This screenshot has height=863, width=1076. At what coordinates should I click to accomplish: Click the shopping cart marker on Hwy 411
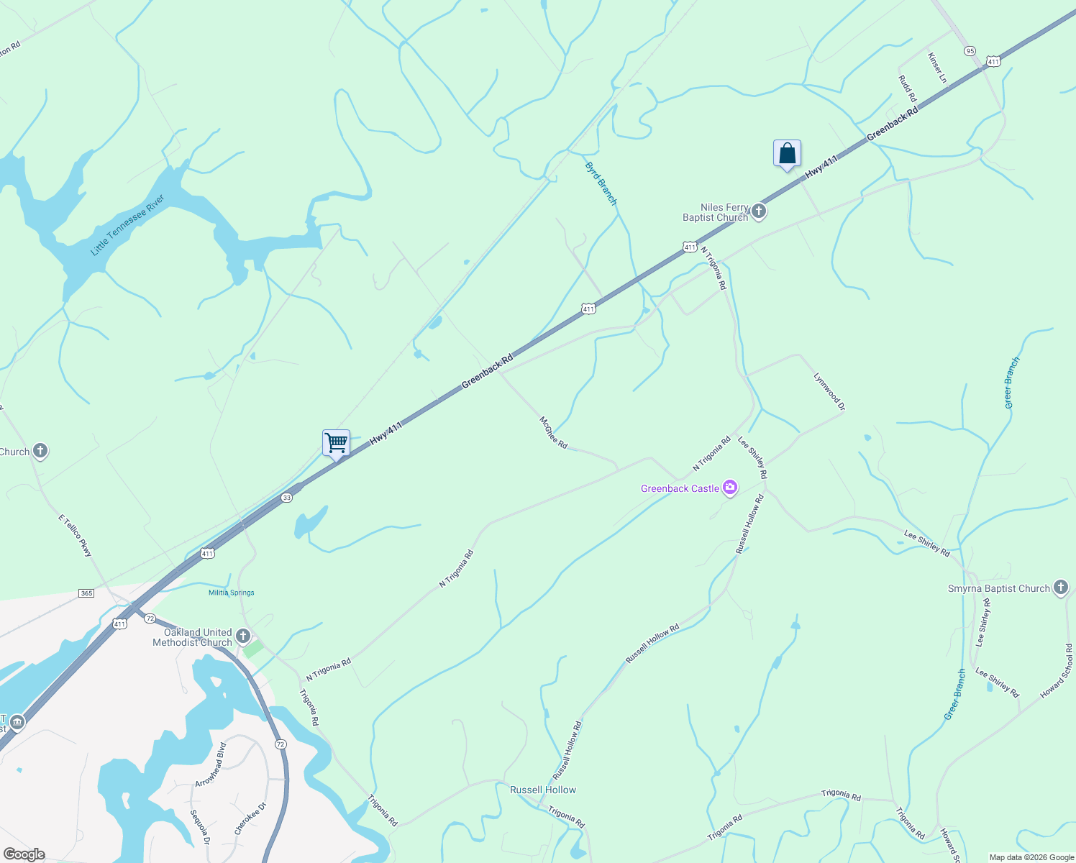(336, 443)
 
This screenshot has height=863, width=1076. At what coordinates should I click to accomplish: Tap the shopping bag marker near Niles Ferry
(787, 153)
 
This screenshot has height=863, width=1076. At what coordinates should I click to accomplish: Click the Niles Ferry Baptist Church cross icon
(759, 212)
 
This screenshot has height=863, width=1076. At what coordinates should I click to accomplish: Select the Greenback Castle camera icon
(730, 488)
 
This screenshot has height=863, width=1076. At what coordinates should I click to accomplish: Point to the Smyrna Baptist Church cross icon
(1060, 588)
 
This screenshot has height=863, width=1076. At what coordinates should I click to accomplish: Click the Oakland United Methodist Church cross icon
(243, 636)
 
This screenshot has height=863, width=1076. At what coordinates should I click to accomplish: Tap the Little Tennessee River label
(128, 224)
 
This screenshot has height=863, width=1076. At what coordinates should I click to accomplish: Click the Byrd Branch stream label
(601, 183)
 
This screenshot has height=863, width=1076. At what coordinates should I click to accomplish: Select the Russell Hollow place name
(543, 790)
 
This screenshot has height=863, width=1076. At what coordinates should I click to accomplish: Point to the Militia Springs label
(232, 593)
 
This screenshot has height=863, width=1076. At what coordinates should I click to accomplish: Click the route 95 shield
(970, 50)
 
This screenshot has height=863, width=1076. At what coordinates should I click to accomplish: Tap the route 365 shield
(86, 593)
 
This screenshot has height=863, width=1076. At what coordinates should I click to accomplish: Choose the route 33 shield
(287, 498)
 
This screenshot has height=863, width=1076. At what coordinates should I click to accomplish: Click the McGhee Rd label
(553, 432)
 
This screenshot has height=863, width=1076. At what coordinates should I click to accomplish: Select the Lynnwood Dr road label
(829, 391)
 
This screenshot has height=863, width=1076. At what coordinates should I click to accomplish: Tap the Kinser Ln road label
(937, 67)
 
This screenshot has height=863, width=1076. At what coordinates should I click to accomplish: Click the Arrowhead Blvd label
(210, 764)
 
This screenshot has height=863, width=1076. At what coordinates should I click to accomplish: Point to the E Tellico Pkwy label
(76, 536)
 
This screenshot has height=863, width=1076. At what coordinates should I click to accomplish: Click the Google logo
(24, 854)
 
